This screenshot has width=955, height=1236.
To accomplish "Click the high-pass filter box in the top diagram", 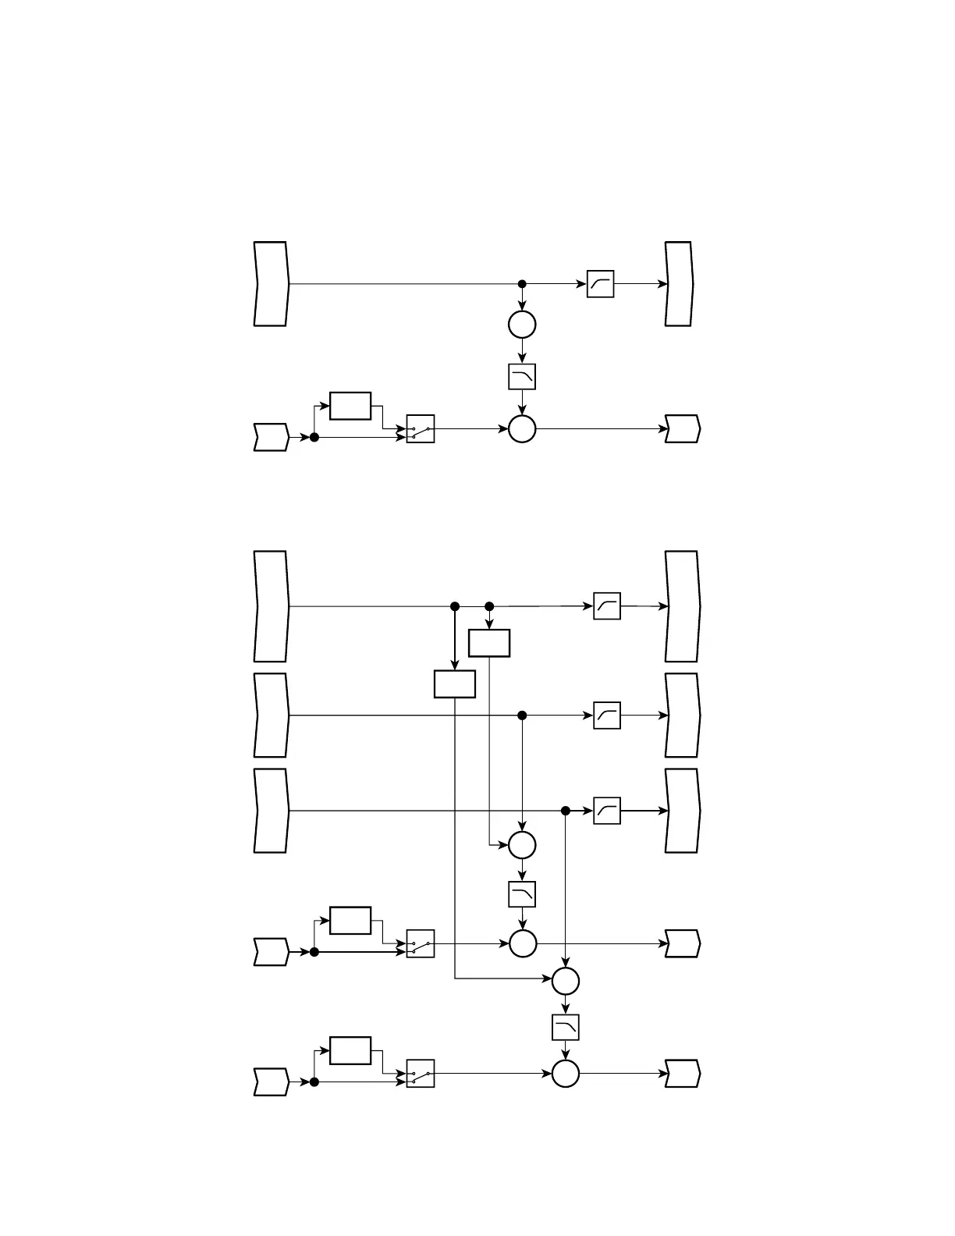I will pyautogui.click(x=600, y=284).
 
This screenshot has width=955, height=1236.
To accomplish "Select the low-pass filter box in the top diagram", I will pyautogui.click(x=522, y=377).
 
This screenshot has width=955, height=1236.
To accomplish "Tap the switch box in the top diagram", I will pyautogui.click(x=421, y=429).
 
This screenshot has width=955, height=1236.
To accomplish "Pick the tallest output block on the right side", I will pyautogui.click(x=683, y=606).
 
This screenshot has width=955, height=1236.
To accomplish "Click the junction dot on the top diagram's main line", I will pyautogui.click(x=522, y=284).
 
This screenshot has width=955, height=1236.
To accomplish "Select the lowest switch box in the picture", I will pyautogui.click(x=421, y=1074).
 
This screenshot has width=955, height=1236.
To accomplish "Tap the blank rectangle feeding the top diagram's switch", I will pyautogui.click(x=350, y=406).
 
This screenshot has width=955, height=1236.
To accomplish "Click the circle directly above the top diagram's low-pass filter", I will pyautogui.click(x=522, y=324).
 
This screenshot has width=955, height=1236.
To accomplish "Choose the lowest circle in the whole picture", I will pyautogui.click(x=566, y=1074).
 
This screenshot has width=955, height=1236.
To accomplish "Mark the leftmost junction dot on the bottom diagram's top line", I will pyautogui.click(x=455, y=606).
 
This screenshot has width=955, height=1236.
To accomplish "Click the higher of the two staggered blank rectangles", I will pyautogui.click(x=489, y=643).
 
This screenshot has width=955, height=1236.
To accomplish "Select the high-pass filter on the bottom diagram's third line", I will pyautogui.click(x=607, y=811).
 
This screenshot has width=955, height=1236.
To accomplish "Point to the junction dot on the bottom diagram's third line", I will pyautogui.click(x=566, y=811).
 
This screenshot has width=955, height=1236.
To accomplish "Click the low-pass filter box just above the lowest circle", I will pyautogui.click(x=566, y=1027).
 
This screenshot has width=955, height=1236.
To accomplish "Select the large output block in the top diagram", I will pyautogui.click(x=679, y=284).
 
